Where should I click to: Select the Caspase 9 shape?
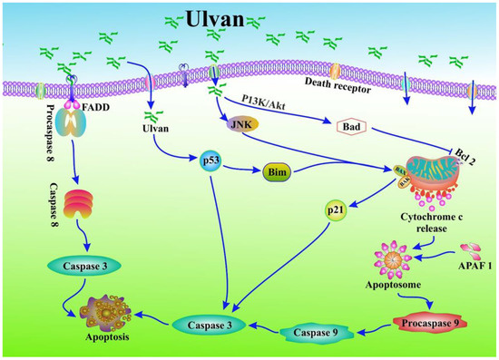322,332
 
